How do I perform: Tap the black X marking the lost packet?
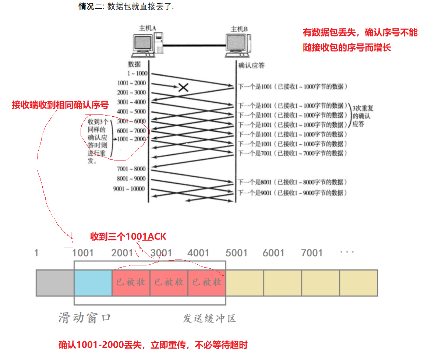tap(183, 87)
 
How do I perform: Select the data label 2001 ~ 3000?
tap(132, 92)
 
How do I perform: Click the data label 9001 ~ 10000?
tap(129, 189)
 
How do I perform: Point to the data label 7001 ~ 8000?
tap(131, 169)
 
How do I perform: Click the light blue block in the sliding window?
tap(93, 283)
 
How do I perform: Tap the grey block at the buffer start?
tap(55, 283)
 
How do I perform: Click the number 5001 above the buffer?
tap(236, 253)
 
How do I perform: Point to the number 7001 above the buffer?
tap(312, 253)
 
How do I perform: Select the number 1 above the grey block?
tap(36, 253)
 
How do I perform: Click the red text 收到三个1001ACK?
tap(128, 237)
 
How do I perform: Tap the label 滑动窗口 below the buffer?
tap(85, 318)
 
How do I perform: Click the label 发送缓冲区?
tap(209, 318)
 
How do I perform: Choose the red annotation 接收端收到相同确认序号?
tap(60, 105)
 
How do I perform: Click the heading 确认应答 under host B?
tap(252, 66)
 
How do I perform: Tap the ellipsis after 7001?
tap(347, 253)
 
